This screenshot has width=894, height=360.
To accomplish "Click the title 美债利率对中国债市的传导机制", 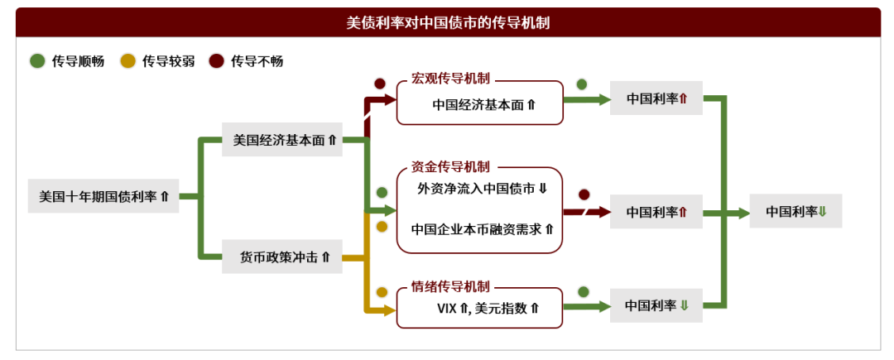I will coord(447,22).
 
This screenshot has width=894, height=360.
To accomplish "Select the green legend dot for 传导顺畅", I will coord(37,61).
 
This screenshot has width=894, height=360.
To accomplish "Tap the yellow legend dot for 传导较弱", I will coord(128,61).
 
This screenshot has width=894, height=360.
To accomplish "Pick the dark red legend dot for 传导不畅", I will coord(217,61).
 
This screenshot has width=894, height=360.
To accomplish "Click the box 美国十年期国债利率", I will coord(103,197).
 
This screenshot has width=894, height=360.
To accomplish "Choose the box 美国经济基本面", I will coord(284,140).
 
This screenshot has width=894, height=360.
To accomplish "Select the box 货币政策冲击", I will coord(284,257).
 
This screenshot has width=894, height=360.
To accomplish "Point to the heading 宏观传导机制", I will coord(450,79).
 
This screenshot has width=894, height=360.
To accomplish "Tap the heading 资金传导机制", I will coord(450,166).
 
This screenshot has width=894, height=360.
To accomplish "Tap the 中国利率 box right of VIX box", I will coord(656,305).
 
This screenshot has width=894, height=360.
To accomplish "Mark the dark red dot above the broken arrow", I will coord(584,194).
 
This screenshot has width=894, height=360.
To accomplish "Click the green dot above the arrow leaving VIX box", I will coord(583,291).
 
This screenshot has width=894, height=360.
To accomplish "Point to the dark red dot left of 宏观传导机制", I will coord(380,84).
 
